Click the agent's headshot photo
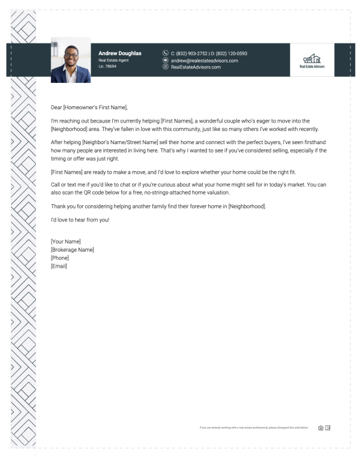click(x=71, y=60)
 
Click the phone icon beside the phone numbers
click(x=166, y=53)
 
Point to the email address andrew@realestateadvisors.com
click(x=204, y=61)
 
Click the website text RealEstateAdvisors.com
click(x=196, y=67)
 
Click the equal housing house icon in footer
click(x=320, y=428)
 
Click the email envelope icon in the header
click(x=166, y=61)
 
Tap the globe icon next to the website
click(x=166, y=67)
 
